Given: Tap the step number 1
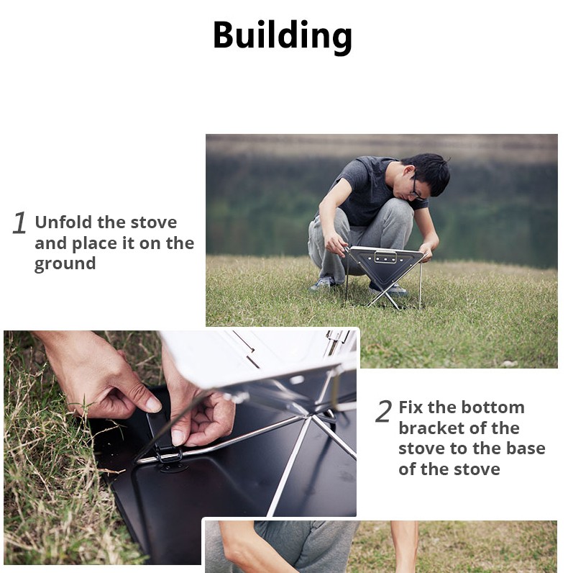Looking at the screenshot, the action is (19, 222).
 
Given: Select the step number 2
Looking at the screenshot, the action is (384, 411).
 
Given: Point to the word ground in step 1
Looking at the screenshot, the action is (65, 264).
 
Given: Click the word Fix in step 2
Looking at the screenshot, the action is (411, 407).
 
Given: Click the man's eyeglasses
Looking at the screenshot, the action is (416, 189).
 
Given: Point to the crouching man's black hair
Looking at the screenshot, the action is (430, 171).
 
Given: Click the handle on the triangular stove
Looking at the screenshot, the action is (385, 256).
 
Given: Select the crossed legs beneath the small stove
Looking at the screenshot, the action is (384, 296).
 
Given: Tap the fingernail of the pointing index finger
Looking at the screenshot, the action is (154, 404).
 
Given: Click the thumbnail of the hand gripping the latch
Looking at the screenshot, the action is (178, 438).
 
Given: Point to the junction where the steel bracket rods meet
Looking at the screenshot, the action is (309, 415).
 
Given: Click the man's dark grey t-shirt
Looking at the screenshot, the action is (369, 190).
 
